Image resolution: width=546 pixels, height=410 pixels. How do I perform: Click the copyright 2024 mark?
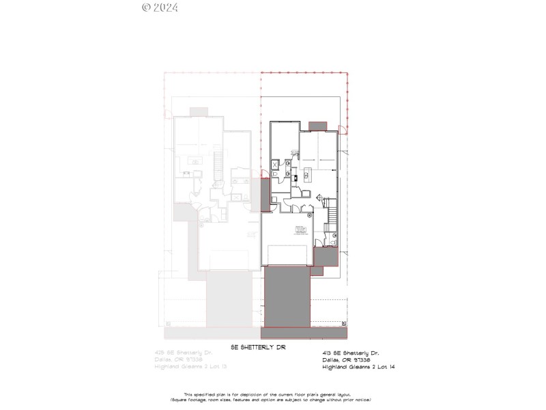(160, 8)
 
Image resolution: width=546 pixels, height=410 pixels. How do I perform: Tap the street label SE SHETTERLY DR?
(257, 347)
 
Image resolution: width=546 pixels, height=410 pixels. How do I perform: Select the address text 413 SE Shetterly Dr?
(349, 353)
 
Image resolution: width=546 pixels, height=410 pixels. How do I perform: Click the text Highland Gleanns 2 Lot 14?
(358, 367)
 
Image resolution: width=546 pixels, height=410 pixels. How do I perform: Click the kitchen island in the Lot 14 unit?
(306, 176)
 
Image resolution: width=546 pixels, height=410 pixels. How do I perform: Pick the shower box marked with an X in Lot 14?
(276, 164)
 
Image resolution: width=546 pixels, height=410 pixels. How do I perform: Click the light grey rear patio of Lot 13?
(199, 112)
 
